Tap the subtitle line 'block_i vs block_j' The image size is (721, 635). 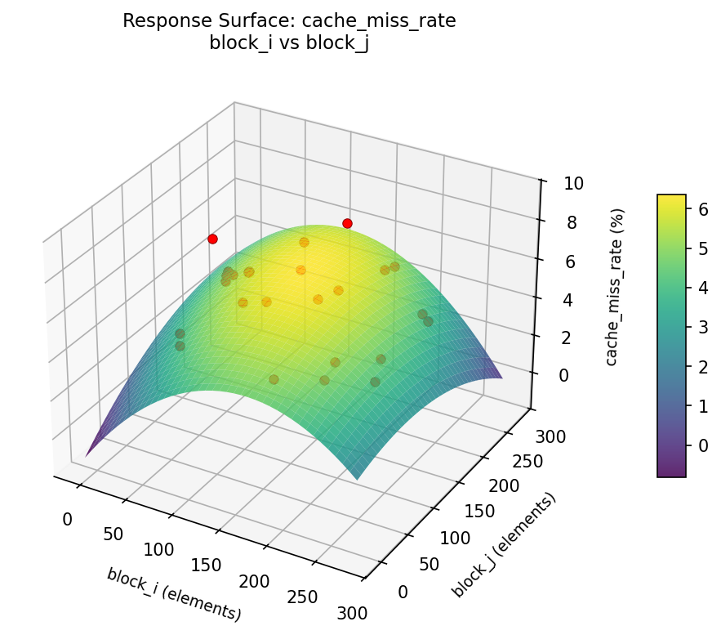[289, 43]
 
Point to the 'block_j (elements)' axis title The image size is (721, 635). [503, 544]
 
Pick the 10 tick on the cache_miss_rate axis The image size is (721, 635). [572, 183]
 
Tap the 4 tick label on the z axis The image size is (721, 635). [567, 299]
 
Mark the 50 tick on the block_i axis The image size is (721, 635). [113, 534]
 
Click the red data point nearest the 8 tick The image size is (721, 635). [347, 223]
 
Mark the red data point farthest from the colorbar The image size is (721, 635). [212, 239]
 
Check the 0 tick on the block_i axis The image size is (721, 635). [67, 519]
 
